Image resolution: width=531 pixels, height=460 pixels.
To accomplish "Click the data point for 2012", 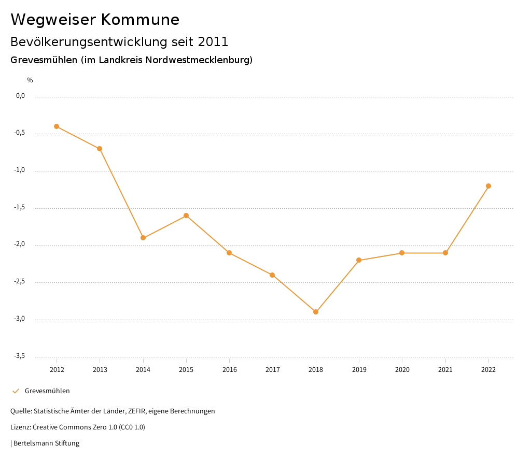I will pos(57,126).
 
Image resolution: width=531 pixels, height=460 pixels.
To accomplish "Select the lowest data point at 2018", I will pos(316,312).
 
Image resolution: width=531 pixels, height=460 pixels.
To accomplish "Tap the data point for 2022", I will pos(488,186).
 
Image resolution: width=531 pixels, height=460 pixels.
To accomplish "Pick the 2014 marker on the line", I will pos(143,238).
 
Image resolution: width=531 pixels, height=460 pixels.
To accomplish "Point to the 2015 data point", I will pos(186,215).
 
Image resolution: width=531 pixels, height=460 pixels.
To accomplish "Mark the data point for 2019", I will pos(359,260).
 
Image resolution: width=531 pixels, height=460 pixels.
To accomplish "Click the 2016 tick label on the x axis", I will pos(229,370).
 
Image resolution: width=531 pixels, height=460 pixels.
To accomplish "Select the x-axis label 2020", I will pos(402,370).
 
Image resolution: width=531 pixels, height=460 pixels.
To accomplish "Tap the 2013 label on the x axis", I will pos(100,370).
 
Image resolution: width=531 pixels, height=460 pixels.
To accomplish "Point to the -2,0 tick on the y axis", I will pos(20,245).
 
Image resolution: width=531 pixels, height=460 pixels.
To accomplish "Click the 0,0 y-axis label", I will pos(20,96).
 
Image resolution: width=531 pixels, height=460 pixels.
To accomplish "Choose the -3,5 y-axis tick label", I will pos(20,356).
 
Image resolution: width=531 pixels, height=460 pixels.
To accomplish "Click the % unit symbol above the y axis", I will pos(30,80).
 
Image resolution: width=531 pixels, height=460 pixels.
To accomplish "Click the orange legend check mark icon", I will pos(16,391).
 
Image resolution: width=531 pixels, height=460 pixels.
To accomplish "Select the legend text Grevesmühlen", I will pos(47,391).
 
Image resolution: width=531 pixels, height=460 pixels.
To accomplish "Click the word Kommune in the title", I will pos(140,20).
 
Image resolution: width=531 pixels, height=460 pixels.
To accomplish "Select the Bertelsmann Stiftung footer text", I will pos(46,443).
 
